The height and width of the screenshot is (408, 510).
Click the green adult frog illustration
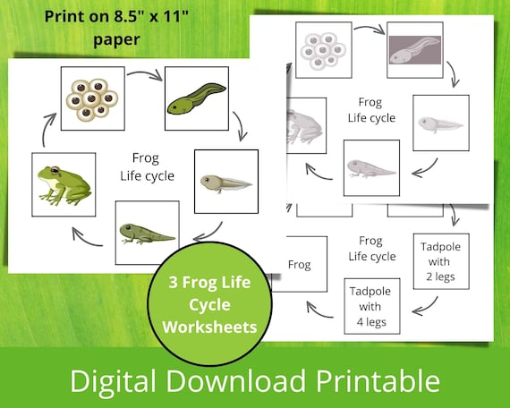pyautogui.click(x=64, y=184)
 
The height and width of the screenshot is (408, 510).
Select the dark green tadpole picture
pyautogui.click(x=196, y=100)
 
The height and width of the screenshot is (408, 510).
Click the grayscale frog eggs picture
pyautogui.click(x=323, y=50)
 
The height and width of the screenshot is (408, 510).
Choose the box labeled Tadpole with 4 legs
pyautogui.click(x=371, y=304)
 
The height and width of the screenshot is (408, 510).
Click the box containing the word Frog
pyautogui.click(x=299, y=265)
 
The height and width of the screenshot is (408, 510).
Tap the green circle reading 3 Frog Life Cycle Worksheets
pyautogui.click(x=208, y=303)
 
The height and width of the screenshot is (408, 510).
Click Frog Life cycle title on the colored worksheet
pyautogui.click(x=146, y=166)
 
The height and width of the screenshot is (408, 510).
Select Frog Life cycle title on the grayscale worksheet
pyautogui.click(x=370, y=110)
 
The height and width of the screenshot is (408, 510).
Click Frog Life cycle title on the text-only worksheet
pyautogui.click(x=370, y=249)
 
